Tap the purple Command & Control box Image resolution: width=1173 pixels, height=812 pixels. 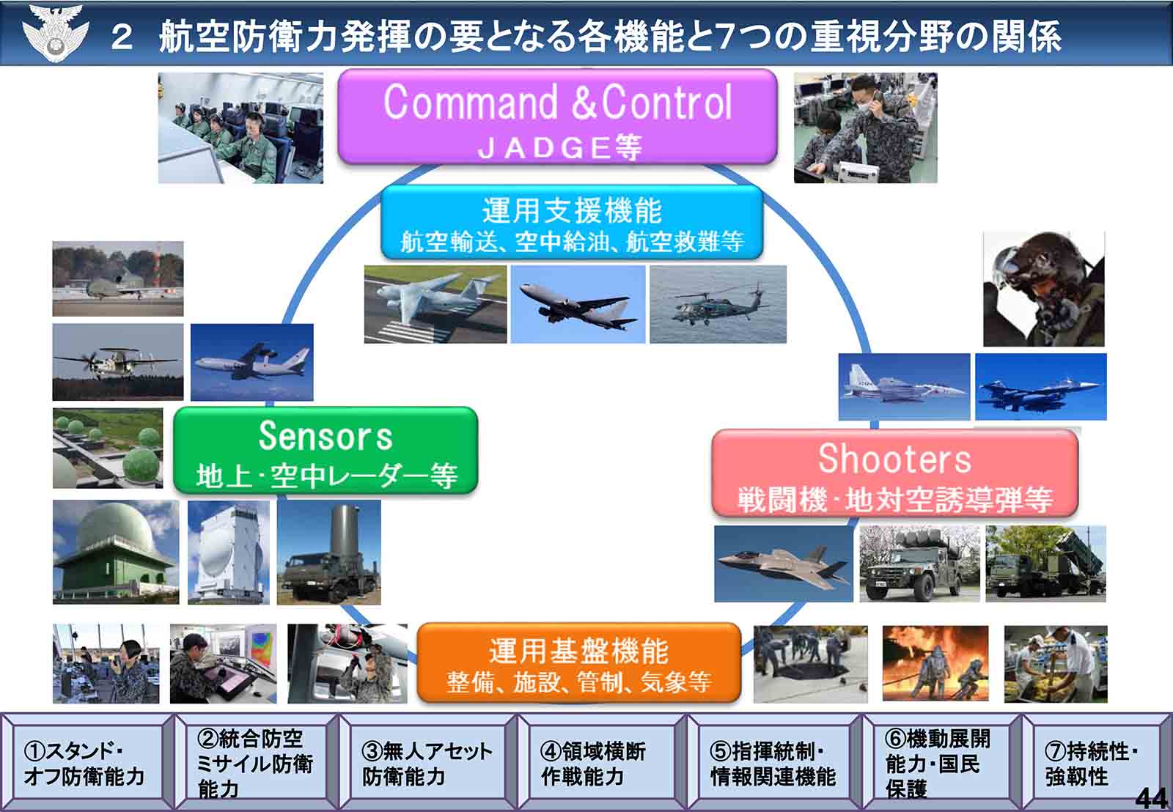(x=557, y=117)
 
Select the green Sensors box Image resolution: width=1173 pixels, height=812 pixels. (x=326, y=450)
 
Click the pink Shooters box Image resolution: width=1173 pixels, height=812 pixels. (x=894, y=473)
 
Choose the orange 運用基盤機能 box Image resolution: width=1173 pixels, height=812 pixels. (x=578, y=662)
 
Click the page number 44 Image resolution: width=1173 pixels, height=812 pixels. (x=1152, y=798)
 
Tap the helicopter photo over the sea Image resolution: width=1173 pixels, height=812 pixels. (x=718, y=304)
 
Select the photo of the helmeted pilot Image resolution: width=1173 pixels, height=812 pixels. (x=1044, y=289)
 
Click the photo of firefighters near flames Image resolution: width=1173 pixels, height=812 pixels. (x=935, y=663)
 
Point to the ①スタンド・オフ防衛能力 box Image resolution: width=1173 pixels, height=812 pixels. (x=87, y=762)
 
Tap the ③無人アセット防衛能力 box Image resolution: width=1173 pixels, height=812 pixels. (x=427, y=762)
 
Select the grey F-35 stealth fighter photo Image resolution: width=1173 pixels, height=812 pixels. (x=784, y=564)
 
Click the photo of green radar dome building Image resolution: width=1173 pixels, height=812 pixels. (x=116, y=552)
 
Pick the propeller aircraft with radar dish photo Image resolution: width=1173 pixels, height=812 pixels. (x=118, y=362)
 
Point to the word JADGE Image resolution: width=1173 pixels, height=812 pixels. (x=544, y=147)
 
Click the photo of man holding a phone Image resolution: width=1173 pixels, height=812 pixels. (x=865, y=128)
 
